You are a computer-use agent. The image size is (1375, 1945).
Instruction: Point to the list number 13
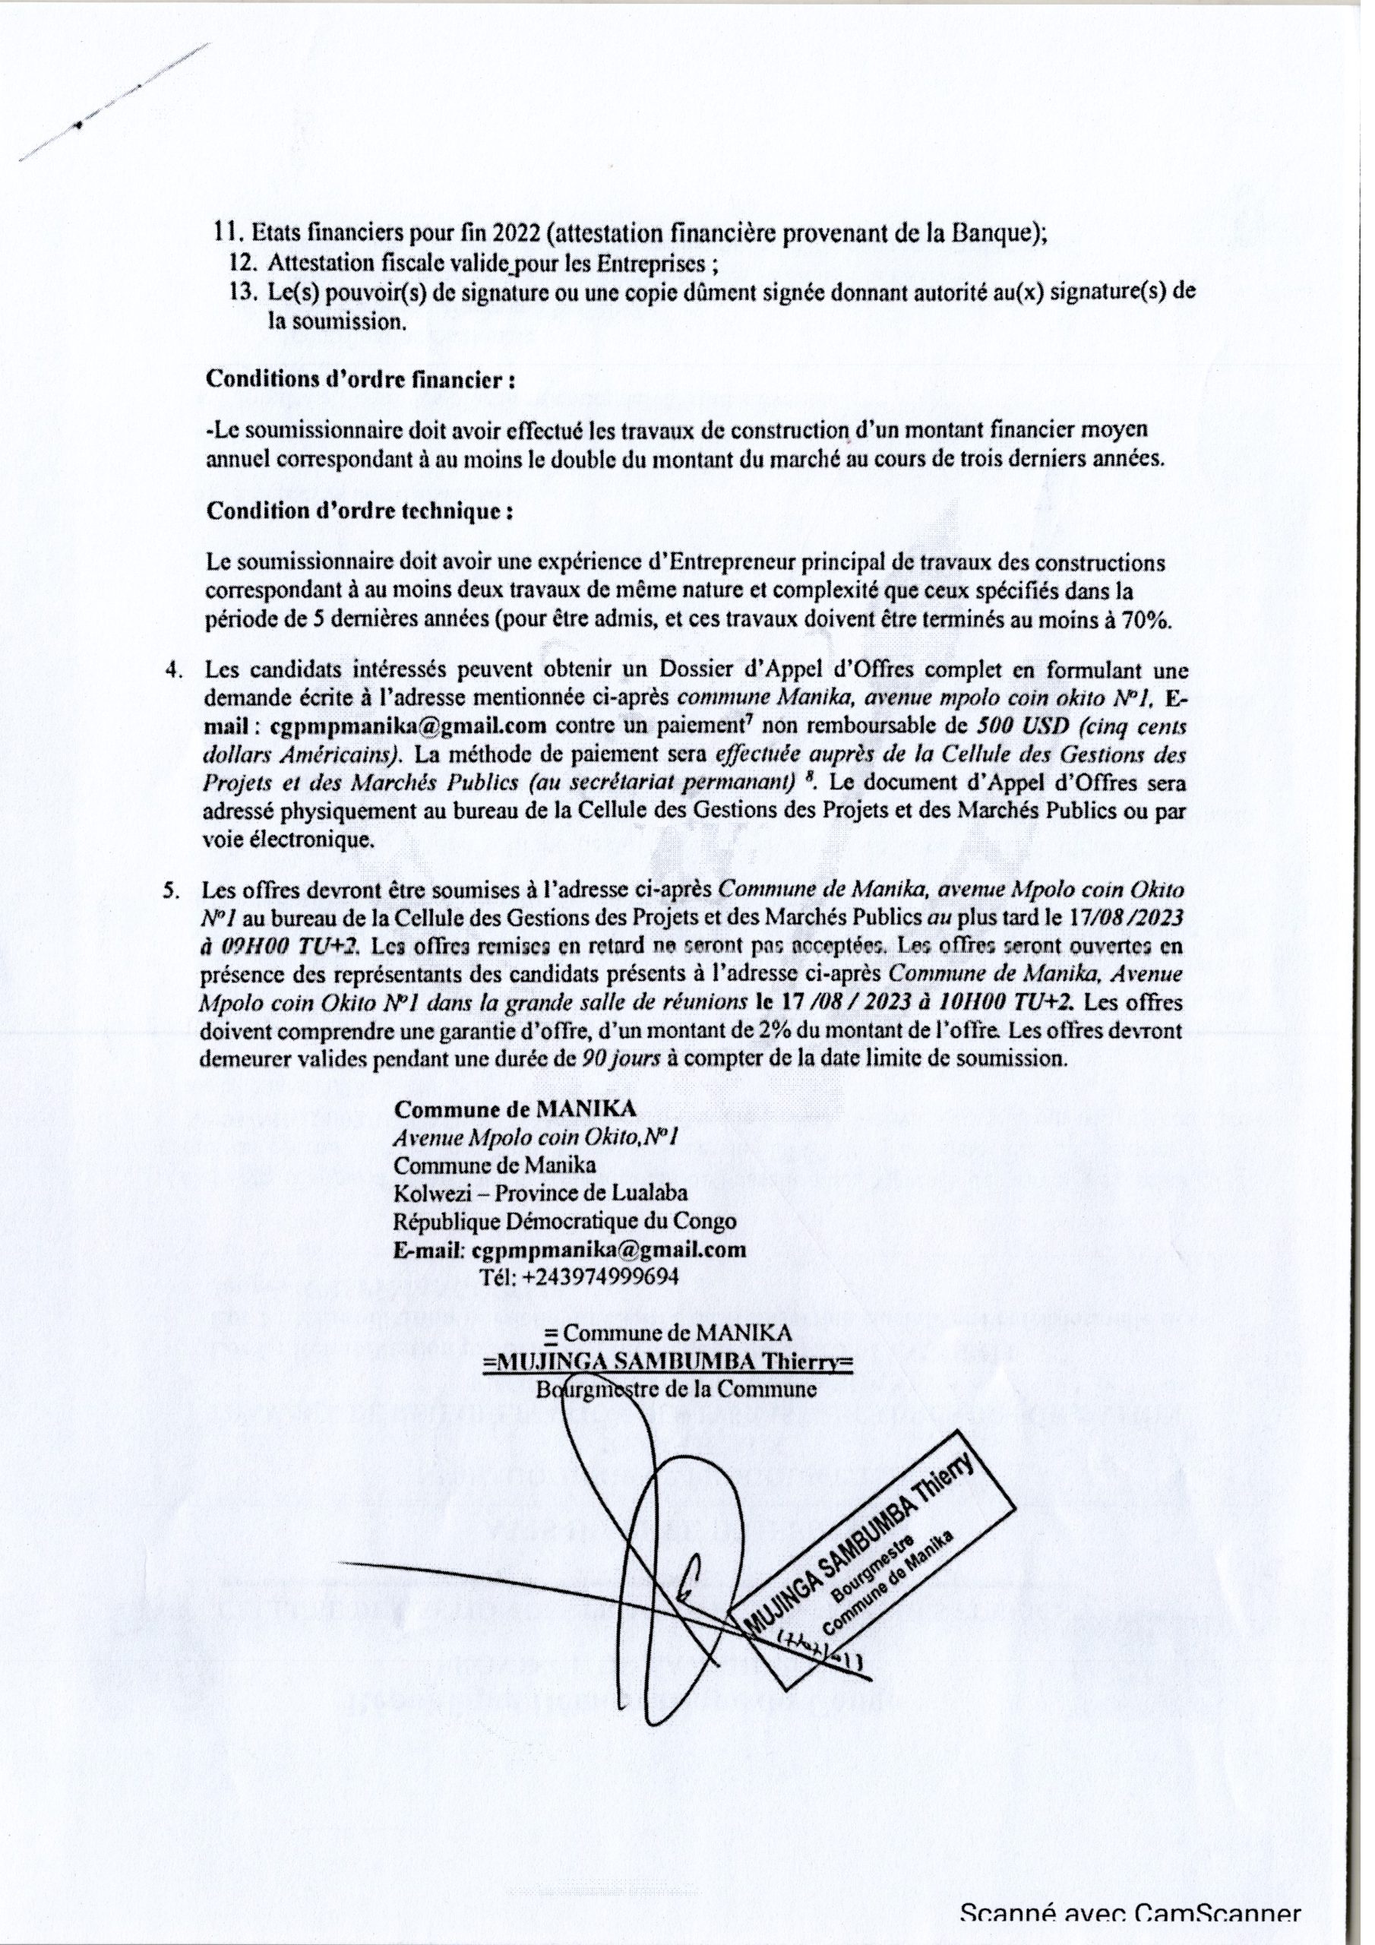[x=238, y=293]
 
